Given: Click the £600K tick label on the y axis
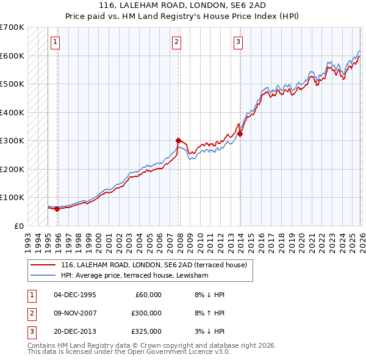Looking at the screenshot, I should (x=12, y=56).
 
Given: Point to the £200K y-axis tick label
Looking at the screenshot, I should (x=12, y=169).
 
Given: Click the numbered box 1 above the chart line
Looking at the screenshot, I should (x=55, y=42).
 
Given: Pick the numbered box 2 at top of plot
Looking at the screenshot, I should (x=176, y=42).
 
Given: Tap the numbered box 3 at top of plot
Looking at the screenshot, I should (x=238, y=42).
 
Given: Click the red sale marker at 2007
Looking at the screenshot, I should (x=179, y=140).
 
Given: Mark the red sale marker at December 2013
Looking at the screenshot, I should (x=240, y=134).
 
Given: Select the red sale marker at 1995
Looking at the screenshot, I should (x=57, y=209).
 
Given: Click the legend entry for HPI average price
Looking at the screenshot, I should (x=135, y=276).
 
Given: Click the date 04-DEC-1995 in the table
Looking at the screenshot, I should (x=75, y=295).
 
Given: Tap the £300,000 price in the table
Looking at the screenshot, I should (x=146, y=313).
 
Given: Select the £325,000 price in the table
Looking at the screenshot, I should (x=146, y=332).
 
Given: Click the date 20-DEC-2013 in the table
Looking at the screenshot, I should (x=75, y=332).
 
